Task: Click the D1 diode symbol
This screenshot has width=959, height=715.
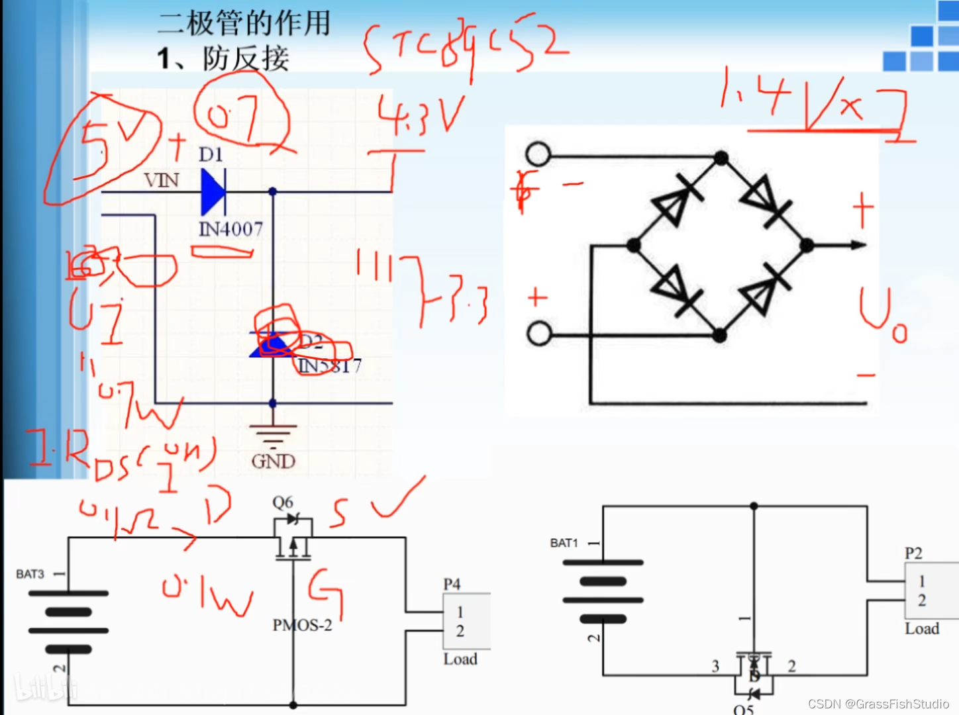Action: [213, 191]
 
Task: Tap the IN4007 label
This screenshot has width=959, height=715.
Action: [230, 229]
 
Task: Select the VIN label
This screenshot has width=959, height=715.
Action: [162, 180]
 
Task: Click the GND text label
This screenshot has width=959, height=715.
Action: [273, 461]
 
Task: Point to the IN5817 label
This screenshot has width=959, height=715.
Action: [330, 365]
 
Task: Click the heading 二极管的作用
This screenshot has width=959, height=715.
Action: [244, 23]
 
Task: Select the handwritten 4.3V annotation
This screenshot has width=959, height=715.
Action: [421, 116]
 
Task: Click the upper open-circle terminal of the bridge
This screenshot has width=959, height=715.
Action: [538, 154]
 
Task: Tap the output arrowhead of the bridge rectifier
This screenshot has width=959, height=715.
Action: [858, 245]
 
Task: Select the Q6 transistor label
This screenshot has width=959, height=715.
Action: [283, 502]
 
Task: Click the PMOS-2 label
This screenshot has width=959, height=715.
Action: [302, 625]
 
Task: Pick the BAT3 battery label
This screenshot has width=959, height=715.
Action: [30, 574]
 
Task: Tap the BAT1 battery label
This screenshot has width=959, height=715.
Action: [564, 543]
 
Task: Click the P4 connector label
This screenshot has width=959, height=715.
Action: [452, 584]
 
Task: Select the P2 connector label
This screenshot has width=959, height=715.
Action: [913, 553]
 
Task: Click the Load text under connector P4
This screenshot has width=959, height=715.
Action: [460, 659]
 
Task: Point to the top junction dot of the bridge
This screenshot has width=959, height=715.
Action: [721, 158]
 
